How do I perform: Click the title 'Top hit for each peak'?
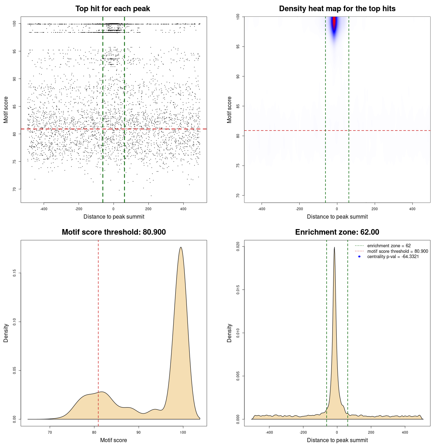pos(112,9)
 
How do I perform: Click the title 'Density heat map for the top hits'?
pos(337,9)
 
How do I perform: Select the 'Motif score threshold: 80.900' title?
pos(113,232)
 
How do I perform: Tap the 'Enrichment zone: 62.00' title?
pos(337,232)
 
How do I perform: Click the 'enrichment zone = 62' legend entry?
pos(389,246)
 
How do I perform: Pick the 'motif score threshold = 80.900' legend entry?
pos(397,251)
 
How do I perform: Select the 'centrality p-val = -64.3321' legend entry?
pos(393,257)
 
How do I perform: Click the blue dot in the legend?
pos(359,257)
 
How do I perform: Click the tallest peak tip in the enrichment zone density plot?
pos(334,248)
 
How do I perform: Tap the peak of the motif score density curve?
pos(181,248)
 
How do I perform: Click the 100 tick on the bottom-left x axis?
pos(183,432)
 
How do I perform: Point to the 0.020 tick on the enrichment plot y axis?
pos(238,246)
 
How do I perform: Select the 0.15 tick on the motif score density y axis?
pos(14,273)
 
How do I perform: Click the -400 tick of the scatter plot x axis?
pos(44,209)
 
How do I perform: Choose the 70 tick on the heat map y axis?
pos(238,195)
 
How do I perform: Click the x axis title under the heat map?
pos(337,217)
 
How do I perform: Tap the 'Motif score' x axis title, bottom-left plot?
pos(113,440)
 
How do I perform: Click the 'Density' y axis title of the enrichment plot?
pos(229,333)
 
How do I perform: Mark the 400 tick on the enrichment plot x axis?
pos(405,432)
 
